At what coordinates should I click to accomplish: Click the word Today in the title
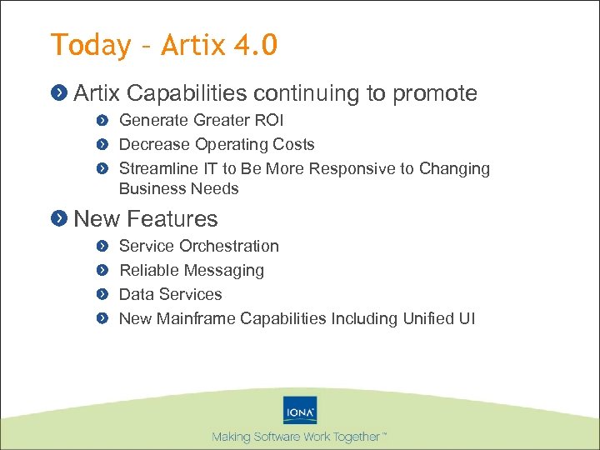90,45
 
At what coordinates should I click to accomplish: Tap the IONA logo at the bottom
300,411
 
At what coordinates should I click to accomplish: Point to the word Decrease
154,145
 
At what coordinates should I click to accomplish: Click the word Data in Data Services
137,295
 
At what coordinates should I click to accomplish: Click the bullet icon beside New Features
59,219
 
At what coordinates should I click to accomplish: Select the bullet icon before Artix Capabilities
59,93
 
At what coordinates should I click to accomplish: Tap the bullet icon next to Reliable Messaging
102,271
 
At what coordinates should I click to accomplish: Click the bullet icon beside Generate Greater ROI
102,121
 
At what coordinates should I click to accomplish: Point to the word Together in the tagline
355,437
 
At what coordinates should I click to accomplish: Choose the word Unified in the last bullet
419,319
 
